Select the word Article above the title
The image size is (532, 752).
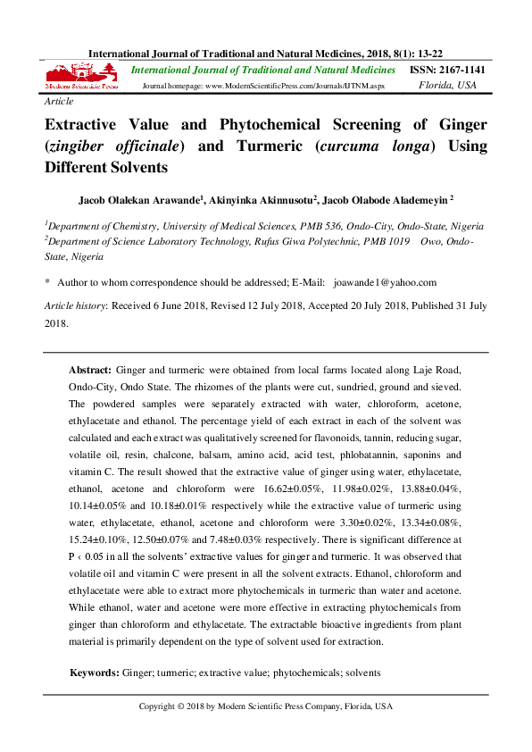click(60, 103)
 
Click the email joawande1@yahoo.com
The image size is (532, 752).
click(385, 282)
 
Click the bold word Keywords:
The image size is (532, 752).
click(94, 672)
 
